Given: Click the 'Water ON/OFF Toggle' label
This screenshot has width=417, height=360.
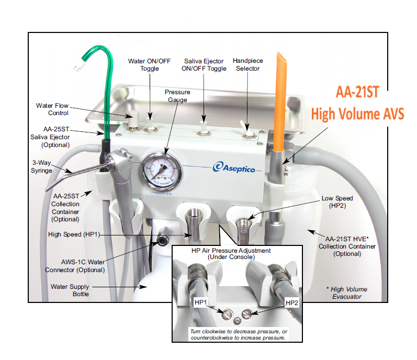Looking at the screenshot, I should [149, 65].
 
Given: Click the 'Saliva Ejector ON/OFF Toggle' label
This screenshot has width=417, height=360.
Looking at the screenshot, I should [201, 65].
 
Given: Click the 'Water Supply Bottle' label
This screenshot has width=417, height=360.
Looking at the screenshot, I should [70, 290].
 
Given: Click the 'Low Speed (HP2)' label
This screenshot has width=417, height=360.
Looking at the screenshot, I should [337, 203].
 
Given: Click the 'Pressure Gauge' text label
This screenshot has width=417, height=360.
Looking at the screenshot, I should [177, 96].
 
